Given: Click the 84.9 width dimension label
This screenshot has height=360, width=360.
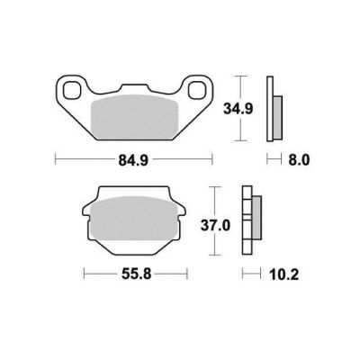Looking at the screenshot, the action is coord(133,160).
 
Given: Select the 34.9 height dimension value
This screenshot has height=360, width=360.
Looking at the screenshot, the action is coord(238,109).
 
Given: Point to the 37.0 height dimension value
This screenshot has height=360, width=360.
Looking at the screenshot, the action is coord(215,225).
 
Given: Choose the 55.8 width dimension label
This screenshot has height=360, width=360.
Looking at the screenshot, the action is coord(137,274).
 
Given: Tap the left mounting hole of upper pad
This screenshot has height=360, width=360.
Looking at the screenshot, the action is coord(72,90).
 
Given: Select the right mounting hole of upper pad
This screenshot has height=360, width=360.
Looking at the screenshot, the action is coord(197,90).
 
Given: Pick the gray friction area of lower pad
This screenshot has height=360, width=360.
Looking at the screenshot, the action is coord(134,219).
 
